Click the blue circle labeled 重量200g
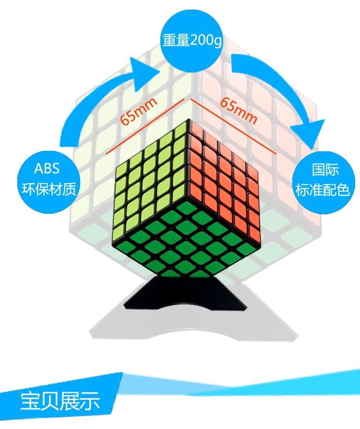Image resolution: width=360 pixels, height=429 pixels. pyautogui.click(x=192, y=40)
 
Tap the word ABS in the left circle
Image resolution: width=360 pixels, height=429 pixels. pyautogui.click(x=47, y=169)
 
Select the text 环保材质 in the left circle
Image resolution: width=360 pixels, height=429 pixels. pyautogui.click(x=49, y=189)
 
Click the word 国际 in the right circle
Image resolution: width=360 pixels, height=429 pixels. pyautogui.click(x=325, y=170)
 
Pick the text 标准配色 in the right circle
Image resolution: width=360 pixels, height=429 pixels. pyautogui.click(x=323, y=190)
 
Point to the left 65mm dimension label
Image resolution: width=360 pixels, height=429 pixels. pyautogui.click(x=139, y=111)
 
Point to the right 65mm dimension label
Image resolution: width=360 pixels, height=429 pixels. pyautogui.click(x=239, y=111)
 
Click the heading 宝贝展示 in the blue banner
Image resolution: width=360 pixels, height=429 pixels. pyautogui.click(x=60, y=401)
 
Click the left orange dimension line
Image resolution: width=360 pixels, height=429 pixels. pyautogui.click(x=145, y=126)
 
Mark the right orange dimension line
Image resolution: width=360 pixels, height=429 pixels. pyautogui.click(x=234, y=126)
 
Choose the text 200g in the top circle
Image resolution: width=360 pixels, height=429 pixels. pyautogui.click(x=206, y=41)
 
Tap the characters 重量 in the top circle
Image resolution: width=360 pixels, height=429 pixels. pyautogui.click(x=176, y=40)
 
